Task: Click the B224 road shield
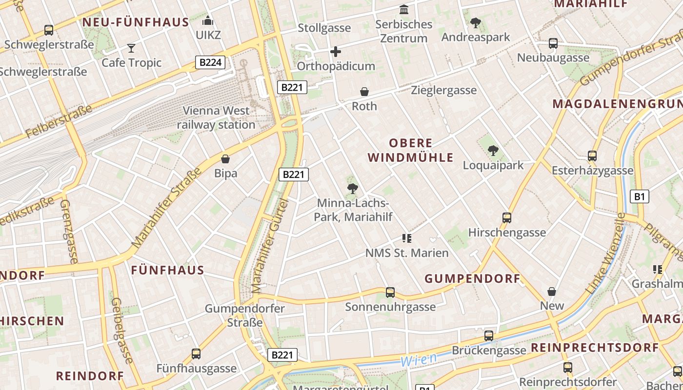[211, 62]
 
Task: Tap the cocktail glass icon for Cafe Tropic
[131, 48]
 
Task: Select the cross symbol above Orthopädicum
[336, 52]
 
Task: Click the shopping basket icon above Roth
[364, 92]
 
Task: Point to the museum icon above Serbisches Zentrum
[404, 10]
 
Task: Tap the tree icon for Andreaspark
[475, 22]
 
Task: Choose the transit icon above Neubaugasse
[553, 43]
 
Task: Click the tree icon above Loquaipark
[493, 151]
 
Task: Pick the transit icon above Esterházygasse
[592, 156]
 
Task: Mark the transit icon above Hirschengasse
[507, 218]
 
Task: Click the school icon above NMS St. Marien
[407, 238]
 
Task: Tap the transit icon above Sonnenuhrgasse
[390, 292]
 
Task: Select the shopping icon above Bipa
[225, 159]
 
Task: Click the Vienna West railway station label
[216, 117]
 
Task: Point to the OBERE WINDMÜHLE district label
[411, 150]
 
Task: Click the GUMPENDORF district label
[472, 279]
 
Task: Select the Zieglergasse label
[443, 90]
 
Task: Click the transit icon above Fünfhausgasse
[196, 354]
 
